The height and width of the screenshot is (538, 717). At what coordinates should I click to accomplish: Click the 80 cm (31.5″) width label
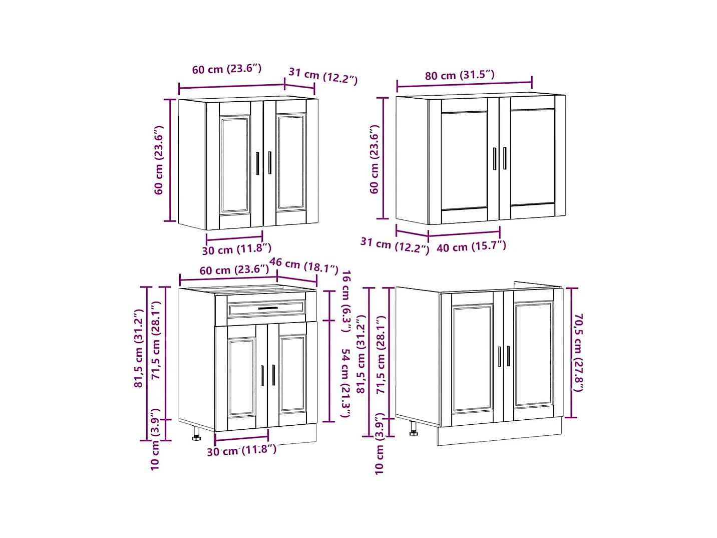[459, 76]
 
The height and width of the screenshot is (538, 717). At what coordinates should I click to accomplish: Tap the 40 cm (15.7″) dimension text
[471, 247]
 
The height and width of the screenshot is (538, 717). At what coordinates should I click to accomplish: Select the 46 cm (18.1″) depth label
[304, 265]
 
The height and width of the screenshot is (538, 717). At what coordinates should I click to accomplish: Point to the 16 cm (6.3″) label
[346, 301]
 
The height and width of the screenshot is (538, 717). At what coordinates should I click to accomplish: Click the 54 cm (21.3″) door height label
[345, 383]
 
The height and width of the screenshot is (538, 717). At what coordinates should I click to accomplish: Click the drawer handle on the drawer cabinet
[268, 308]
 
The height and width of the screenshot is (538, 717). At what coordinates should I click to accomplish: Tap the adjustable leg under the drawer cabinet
[196, 433]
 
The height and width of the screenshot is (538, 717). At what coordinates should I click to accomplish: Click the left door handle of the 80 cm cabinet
[495, 159]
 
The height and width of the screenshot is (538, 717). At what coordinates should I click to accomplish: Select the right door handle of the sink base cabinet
[508, 356]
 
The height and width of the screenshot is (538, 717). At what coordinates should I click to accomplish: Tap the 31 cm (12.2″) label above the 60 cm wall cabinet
[323, 76]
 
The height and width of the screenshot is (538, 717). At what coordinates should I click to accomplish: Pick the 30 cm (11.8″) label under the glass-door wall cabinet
[237, 249]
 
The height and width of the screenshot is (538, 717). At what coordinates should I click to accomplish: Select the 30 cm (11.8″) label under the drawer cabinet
[242, 450]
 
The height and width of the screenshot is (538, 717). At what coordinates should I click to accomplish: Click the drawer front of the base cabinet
[266, 309]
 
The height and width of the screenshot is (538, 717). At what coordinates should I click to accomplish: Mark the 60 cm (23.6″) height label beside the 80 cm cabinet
[375, 159]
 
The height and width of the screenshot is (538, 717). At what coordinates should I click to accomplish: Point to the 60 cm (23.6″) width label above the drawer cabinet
[234, 270]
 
